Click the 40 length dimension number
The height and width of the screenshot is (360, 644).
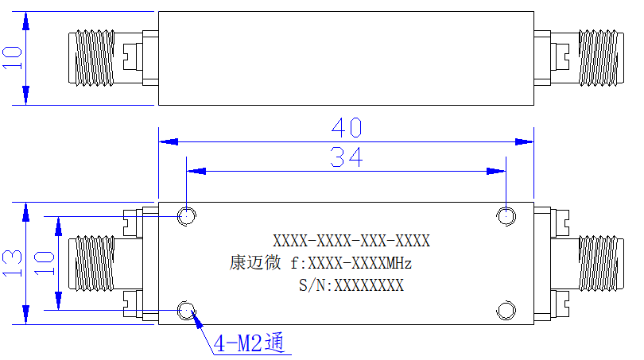pyautogui.click(x=347, y=128)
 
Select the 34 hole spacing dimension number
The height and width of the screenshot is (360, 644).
pyautogui.click(x=347, y=157)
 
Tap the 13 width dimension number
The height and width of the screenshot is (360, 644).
pyautogui.click(x=12, y=263)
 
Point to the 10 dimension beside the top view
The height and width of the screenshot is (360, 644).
pyautogui.click(x=12, y=58)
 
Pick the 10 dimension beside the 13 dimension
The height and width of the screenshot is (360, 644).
pyautogui.click(x=44, y=263)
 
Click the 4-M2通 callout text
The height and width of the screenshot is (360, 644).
pyautogui.click(x=250, y=343)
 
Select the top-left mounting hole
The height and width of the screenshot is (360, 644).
pyautogui.click(x=187, y=216)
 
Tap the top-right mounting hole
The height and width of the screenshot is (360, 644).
pyautogui.click(x=506, y=216)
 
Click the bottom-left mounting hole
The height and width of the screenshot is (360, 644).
pyautogui.click(x=187, y=310)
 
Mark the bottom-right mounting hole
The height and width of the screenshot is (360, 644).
pyautogui.click(x=506, y=310)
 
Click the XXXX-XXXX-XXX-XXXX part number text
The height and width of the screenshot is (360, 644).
pyautogui.click(x=351, y=241)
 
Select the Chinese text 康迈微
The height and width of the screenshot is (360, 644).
pyautogui.click(x=255, y=263)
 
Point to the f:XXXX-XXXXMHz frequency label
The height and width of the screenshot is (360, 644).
pyautogui.click(x=351, y=263)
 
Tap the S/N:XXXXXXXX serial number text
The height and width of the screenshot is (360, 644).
pyautogui.click(x=351, y=285)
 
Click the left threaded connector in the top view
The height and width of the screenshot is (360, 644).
pyautogui.click(x=91, y=58)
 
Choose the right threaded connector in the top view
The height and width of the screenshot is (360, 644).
pyautogui.click(x=601, y=58)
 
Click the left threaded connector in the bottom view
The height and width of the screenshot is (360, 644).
pyautogui.click(x=91, y=264)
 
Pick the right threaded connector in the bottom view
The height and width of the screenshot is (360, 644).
pyautogui.click(x=601, y=264)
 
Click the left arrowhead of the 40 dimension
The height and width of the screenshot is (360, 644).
pyautogui.click(x=169, y=141)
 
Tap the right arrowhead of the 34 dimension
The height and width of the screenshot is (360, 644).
pyautogui.click(x=496, y=171)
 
